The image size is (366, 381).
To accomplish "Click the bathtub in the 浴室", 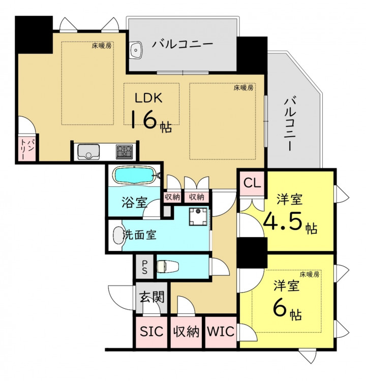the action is (x=134, y=175).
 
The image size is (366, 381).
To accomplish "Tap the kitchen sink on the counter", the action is (x=88, y=152).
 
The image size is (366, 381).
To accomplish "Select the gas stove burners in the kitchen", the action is (x=124, y=152).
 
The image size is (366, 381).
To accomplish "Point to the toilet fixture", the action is (x=168, y=267).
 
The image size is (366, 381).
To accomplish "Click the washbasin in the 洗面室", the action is (x=118, y=235).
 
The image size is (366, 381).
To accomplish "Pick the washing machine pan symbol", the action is (x=198, y=216).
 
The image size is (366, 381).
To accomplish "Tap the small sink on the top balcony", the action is (x=136, y=50).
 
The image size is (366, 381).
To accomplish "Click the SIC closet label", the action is (x=151, y=331).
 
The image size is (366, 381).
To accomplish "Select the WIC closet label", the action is (x=221, y=331).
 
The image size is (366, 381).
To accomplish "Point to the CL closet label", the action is (x=252, y=183).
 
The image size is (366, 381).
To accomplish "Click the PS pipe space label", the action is (x=144, y=267).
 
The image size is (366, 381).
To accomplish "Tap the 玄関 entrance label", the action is (x=152, y=297).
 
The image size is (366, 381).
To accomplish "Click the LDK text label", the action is (x=148, y=98).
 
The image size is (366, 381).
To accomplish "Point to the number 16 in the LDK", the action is (x=145, y=119).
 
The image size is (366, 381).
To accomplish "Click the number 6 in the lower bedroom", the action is (x=279, y=308).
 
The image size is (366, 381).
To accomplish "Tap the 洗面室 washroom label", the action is (x=140, y=235).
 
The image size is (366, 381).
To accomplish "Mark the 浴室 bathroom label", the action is (x=135, y=202).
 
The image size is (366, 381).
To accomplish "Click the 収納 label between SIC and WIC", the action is (x=186, y=331).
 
